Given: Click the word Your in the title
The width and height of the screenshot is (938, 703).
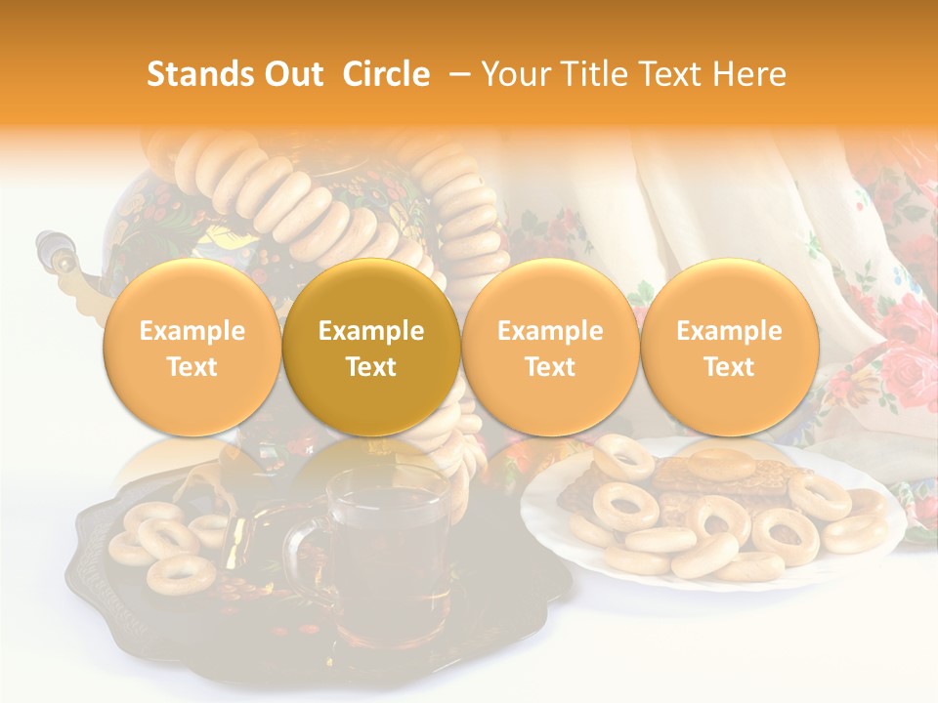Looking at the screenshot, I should point(515,74).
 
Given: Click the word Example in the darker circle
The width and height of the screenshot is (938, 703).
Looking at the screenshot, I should point(371,331).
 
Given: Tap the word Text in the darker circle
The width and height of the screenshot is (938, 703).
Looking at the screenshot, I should point(371,367).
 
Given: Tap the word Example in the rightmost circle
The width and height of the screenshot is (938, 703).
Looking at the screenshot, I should point(729,331).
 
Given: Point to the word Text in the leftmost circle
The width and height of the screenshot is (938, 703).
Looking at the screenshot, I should point(192,367).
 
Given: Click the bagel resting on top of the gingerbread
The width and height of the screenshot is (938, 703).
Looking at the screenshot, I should point(720,465).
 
